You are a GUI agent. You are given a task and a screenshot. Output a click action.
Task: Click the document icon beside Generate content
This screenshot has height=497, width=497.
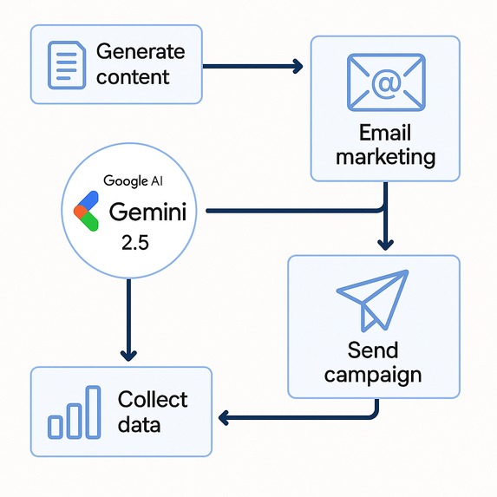coord(66,64)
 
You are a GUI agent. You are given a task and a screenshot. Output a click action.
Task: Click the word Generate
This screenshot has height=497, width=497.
coord(141,51)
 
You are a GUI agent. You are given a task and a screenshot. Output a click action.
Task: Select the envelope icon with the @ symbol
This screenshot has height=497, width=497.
coord(385,83)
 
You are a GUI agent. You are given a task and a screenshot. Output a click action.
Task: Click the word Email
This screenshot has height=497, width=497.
coord(385,134)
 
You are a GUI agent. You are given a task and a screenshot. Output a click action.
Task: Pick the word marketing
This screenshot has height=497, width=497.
coord(385,157)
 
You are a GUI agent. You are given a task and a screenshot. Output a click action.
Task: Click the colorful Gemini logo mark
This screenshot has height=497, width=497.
coord(86,213)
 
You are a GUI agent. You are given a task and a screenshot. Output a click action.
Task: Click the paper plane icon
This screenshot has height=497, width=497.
coord(372,299)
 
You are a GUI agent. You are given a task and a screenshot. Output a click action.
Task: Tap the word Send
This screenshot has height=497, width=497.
coord(373,350)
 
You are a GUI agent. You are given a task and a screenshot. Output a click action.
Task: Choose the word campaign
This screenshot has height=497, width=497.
coord(373,375)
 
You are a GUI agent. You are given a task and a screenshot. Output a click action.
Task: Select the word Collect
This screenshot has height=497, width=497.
coord(153,400)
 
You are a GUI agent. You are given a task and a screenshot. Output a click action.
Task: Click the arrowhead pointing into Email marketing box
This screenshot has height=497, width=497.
coord(298,66)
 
